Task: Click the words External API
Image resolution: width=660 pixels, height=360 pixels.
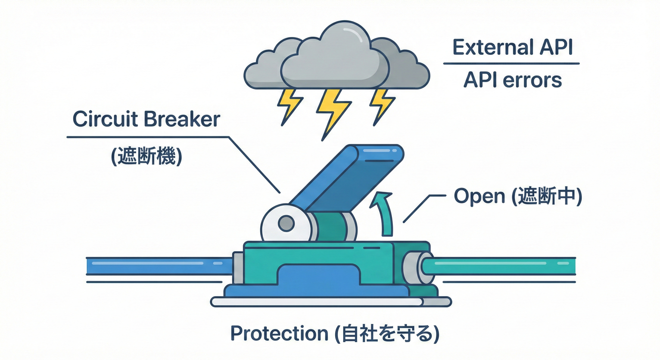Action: click(x=512, y=48)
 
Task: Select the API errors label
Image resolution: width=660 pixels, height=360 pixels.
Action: click(x=512, y=80)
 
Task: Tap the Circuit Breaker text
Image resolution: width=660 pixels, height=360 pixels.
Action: click(x=146, y=120)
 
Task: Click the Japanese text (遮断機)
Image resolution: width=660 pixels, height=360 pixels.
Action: click(x=146, y=156)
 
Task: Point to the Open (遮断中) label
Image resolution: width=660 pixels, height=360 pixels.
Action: click(x=517, y=197)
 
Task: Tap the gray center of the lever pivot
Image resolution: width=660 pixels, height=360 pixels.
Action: click(x=285, y=224)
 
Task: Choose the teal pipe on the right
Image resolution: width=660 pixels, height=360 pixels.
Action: click(x=502, y=265)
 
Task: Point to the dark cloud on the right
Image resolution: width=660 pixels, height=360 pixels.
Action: click(x=403, y=68)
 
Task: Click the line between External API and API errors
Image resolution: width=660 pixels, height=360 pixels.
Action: click(x=511, y=64)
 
